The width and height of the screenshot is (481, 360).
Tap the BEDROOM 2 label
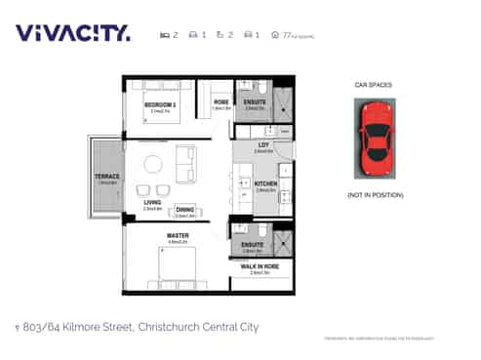click(x=161, y=103)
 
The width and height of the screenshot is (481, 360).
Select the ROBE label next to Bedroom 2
click(x=221, y=102)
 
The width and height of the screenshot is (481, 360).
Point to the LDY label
click(x=262, y=146)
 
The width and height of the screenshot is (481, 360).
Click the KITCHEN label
click(x=265, y=183)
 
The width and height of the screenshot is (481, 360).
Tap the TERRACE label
click(x=106, y=177)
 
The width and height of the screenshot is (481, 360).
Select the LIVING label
click(x=152, y=203)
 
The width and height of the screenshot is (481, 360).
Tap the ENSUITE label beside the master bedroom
click(x=253, y=245)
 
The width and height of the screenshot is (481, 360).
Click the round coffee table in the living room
click(x=151, y=163)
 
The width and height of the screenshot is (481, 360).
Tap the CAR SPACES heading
click(x=373, y=85)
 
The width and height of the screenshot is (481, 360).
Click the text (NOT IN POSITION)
click(x=374, y=195)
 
